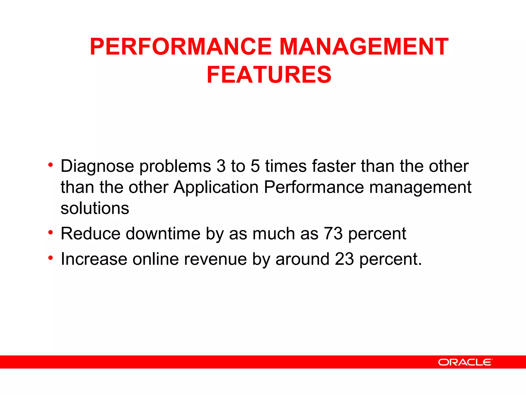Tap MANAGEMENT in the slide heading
(364, 47)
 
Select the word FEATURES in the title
(269, 75)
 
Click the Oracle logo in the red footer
(465, 362)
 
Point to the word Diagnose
(97, 166)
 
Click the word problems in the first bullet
(175, 166)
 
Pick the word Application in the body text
(216, 187)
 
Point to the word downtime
(163, 234)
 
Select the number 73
(333, 234)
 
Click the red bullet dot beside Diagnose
(51, 164)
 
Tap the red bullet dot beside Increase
(51, 257)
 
